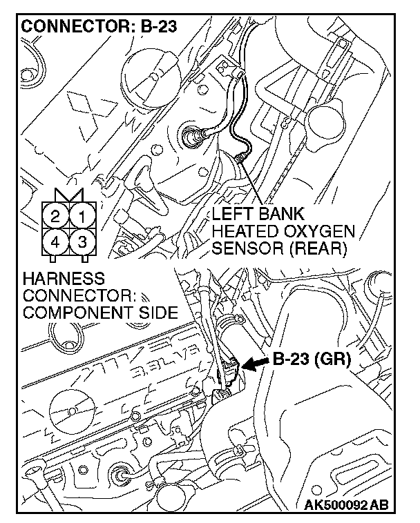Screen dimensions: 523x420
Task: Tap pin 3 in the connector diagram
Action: [x=82, y=242]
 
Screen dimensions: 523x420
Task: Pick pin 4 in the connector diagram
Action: [x=55, y=242]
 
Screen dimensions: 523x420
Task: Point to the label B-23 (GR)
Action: [x=313, y=359]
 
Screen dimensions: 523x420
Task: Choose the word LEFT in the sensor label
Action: [x=233, y=213]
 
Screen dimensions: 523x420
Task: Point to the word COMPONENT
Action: [x=77, y=312]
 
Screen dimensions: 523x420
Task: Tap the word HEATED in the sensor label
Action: [x=242, y=230]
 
